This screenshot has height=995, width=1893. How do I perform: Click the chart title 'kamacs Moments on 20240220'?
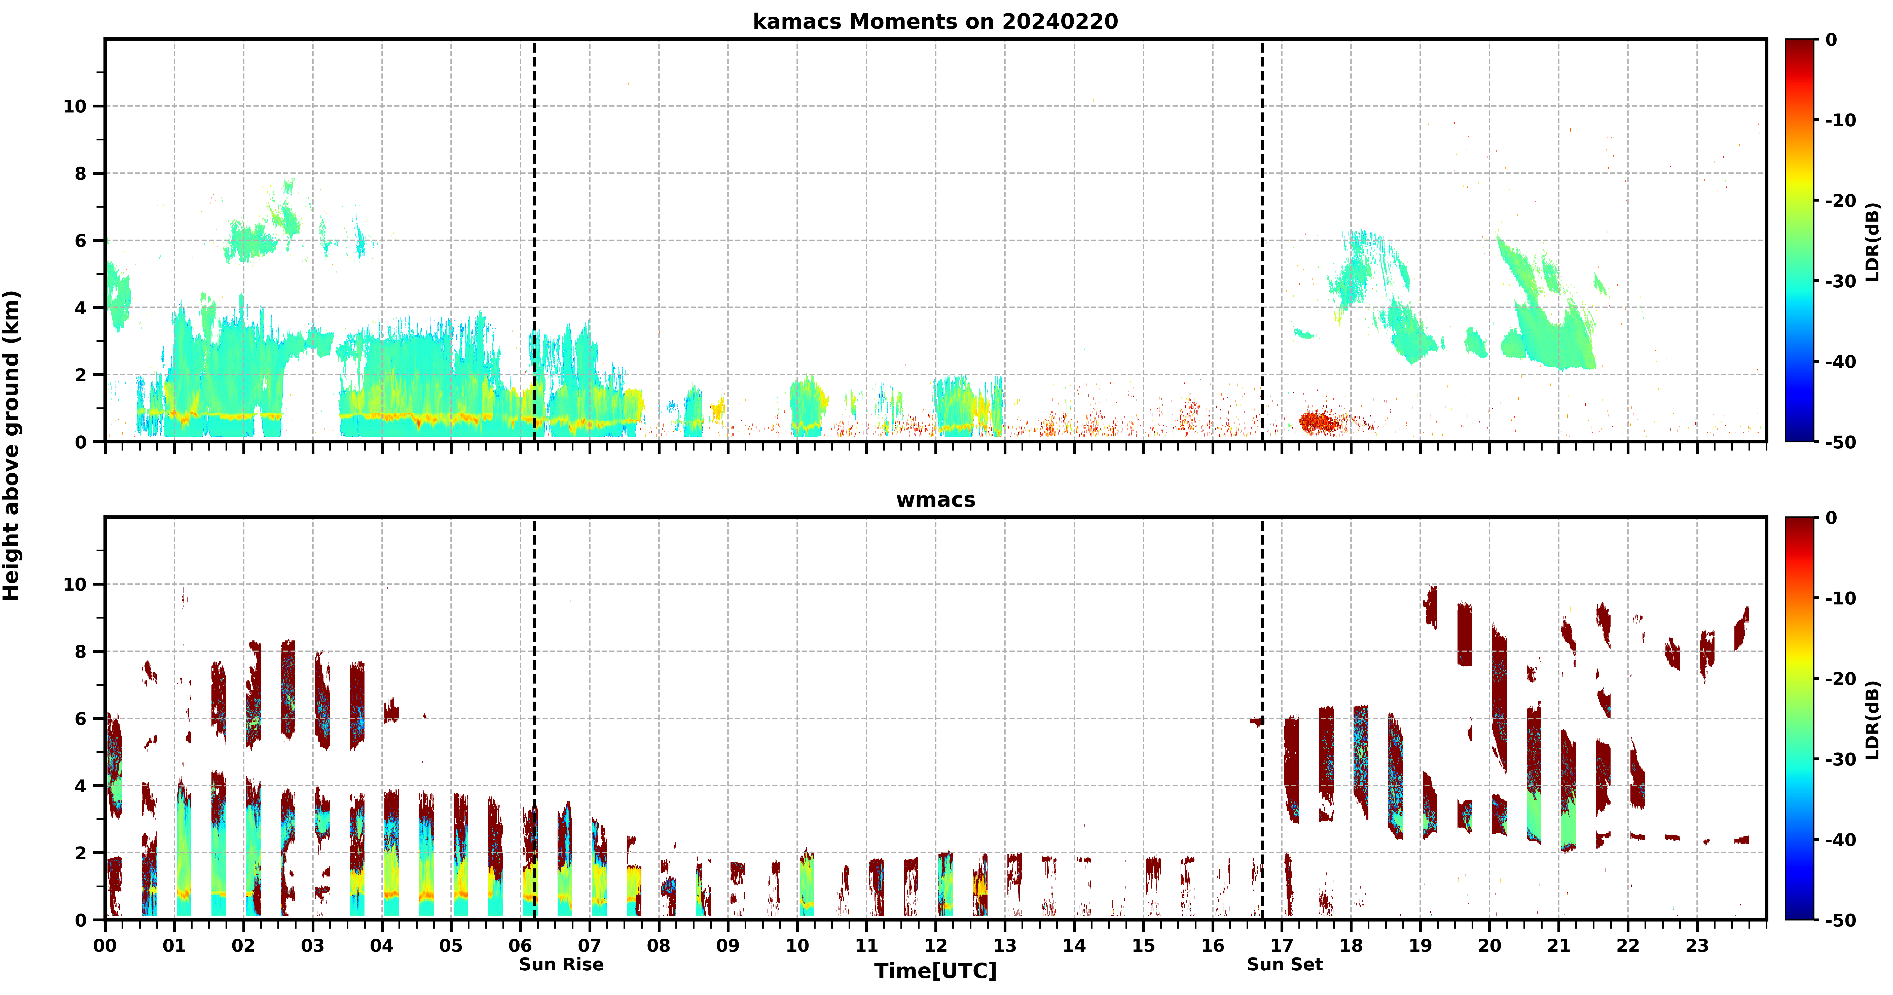coord(935,21)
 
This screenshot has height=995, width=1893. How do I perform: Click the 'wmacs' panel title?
coord(935,500)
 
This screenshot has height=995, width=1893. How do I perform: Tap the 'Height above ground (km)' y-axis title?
coord(11,445)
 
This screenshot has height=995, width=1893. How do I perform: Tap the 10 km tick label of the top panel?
coord(75,106)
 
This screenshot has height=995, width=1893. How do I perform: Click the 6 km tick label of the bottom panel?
coord(81,719)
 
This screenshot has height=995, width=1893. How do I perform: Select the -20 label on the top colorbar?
coord(1841,201)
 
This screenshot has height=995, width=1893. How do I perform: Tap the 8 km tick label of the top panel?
coord(81,173)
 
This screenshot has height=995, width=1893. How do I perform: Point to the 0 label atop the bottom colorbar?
coord(1831,518)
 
